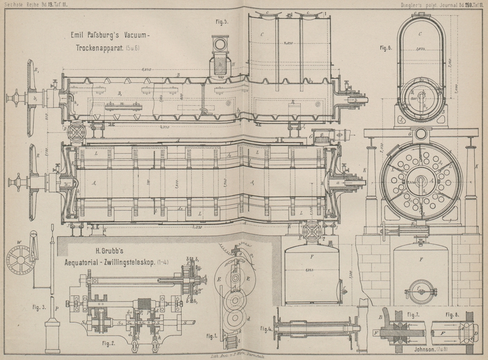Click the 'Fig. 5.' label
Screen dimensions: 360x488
click(221, 22)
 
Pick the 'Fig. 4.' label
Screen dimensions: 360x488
click(266, 329)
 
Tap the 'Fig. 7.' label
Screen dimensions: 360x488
click(414, 314)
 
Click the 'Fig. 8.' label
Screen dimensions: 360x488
click(452, 314)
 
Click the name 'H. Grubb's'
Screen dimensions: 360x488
click(112, 250)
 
